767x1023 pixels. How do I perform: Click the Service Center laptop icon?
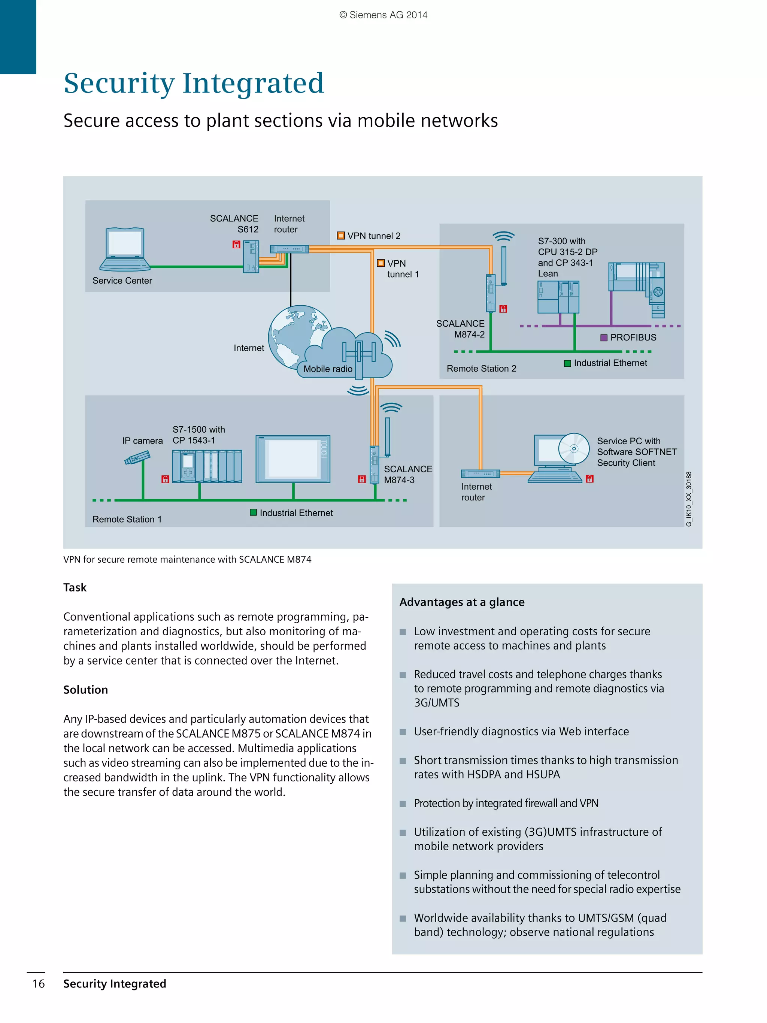coord(124,249)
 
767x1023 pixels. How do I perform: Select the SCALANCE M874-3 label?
coord(407,475)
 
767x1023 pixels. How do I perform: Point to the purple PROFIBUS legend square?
coord(603,338)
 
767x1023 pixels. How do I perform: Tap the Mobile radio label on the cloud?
coord(328,369)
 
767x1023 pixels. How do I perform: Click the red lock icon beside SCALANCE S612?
coord(236,244)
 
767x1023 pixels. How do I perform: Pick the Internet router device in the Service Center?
coord(289,249)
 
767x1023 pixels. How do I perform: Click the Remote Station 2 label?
coord(481,369)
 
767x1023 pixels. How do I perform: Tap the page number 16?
coord(38,983)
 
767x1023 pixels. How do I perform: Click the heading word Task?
coord(75,587)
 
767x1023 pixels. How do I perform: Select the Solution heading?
coord(85,690)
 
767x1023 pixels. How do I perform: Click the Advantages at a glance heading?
coord(461,602)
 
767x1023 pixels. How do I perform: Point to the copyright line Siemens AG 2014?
coord(383,15)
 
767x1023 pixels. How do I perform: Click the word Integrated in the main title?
coord(253,83)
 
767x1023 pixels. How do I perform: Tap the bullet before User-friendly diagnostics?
coord(403,732)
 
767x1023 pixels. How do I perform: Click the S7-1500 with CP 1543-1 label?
coord(198,435)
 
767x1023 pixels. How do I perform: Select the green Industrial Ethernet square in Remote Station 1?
coord(253,512)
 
